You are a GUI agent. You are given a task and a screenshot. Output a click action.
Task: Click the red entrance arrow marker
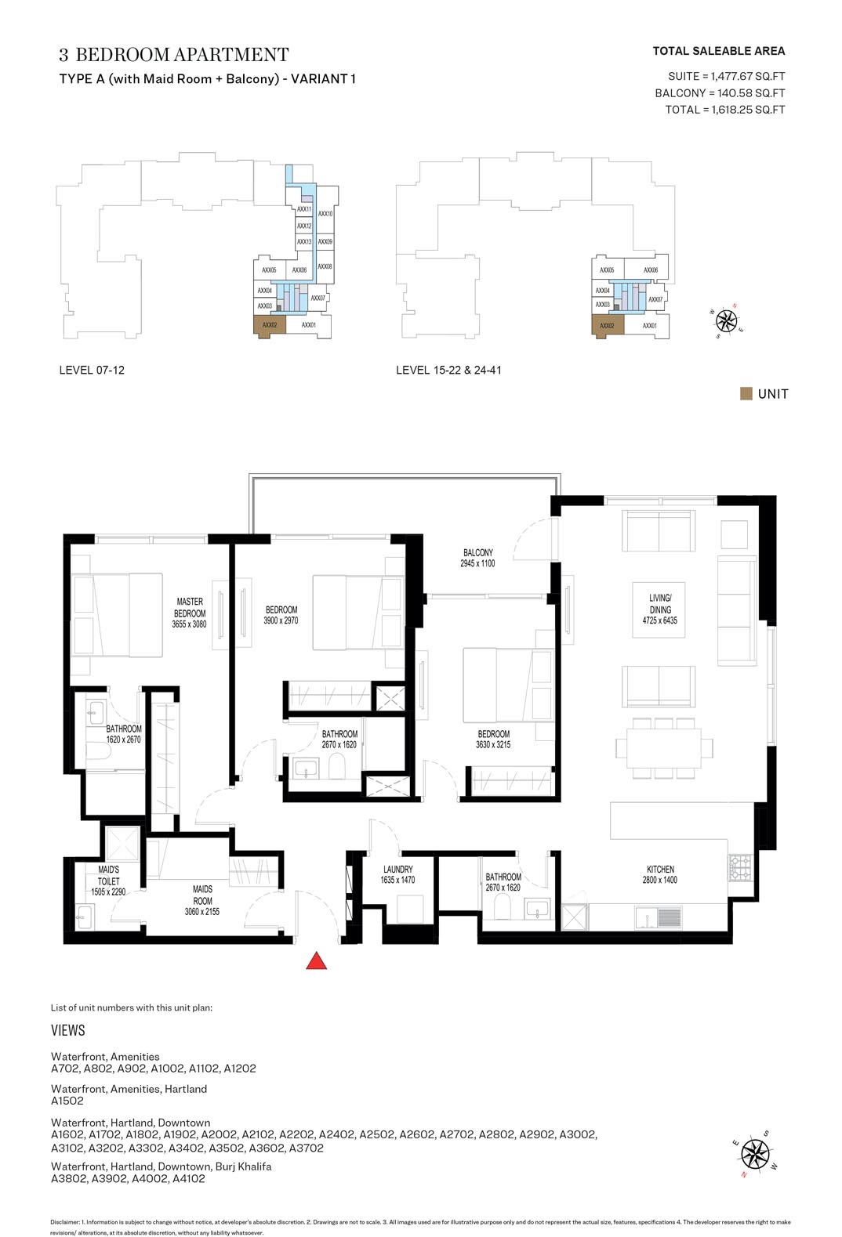(x=316, y=961)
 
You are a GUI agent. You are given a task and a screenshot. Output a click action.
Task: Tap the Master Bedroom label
(x=189, y=613)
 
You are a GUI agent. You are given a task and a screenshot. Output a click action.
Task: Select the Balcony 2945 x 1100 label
(x=477, y=558)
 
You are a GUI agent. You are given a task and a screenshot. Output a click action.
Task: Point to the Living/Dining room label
(x=660, y=609)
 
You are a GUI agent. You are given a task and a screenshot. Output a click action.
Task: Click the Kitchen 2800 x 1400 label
(x=660, y=874)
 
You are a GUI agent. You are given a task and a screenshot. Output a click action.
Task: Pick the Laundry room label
(x=397, y=874)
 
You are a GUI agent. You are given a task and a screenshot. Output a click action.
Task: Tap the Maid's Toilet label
(x=108, y=881)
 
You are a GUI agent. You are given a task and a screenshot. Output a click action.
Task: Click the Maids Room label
(x=202, y=900)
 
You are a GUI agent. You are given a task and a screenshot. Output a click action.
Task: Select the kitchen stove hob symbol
(x=740, y=866)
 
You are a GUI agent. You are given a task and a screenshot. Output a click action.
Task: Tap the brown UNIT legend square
(x=746, y=393)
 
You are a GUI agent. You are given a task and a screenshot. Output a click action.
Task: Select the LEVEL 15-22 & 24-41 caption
(x=448, y=370)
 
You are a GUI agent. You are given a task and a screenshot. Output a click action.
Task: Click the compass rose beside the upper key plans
(x=726, y=319)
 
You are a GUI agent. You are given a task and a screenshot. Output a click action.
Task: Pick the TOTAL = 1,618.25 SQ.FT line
(x=724, y=110)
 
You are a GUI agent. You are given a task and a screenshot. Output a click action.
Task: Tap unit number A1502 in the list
(x=67, y=1100)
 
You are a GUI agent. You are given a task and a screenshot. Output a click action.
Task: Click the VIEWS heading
(x=68, y=1030)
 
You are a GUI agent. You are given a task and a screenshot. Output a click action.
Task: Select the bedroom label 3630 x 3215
(x=492, y=739)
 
